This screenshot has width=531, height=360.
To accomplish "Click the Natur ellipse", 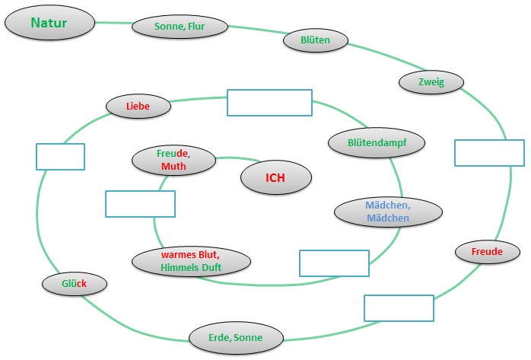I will tap(49, 23).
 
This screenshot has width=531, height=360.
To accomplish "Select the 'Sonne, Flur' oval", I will tap(180, 27).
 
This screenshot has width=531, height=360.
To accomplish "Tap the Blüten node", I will tap(315, 40).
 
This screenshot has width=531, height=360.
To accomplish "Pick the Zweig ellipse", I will tap(431, 82).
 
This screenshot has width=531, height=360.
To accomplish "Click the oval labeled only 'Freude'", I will tap(487, 251).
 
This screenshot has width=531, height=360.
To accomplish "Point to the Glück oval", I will tap(75, 284).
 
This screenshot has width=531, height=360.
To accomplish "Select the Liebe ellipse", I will tap(138, 107).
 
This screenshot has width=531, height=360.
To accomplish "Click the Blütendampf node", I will tap(376, 142).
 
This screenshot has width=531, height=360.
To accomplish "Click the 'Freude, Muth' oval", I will tap(173, 160).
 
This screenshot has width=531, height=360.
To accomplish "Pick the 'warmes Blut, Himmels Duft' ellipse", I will tap(191, 261).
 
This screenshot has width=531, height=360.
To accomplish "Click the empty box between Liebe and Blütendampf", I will tap(269, 103).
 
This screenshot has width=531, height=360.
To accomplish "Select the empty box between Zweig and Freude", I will tap(489, 152).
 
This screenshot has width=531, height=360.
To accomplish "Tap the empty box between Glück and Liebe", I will tap(60, 157).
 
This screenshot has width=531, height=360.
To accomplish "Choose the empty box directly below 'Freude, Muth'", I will tap(140, 204).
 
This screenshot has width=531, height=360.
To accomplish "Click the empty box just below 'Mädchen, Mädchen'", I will tap(333, 263).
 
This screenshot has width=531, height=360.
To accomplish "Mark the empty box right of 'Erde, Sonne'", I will tap(399, 307).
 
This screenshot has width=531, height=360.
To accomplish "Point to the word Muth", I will tap(173, 166).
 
